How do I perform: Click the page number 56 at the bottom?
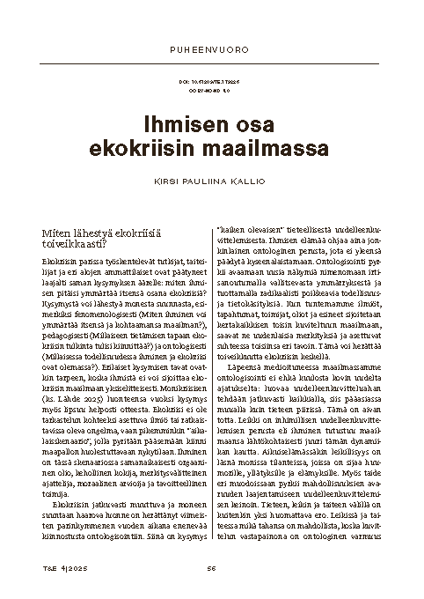point(212,566)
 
